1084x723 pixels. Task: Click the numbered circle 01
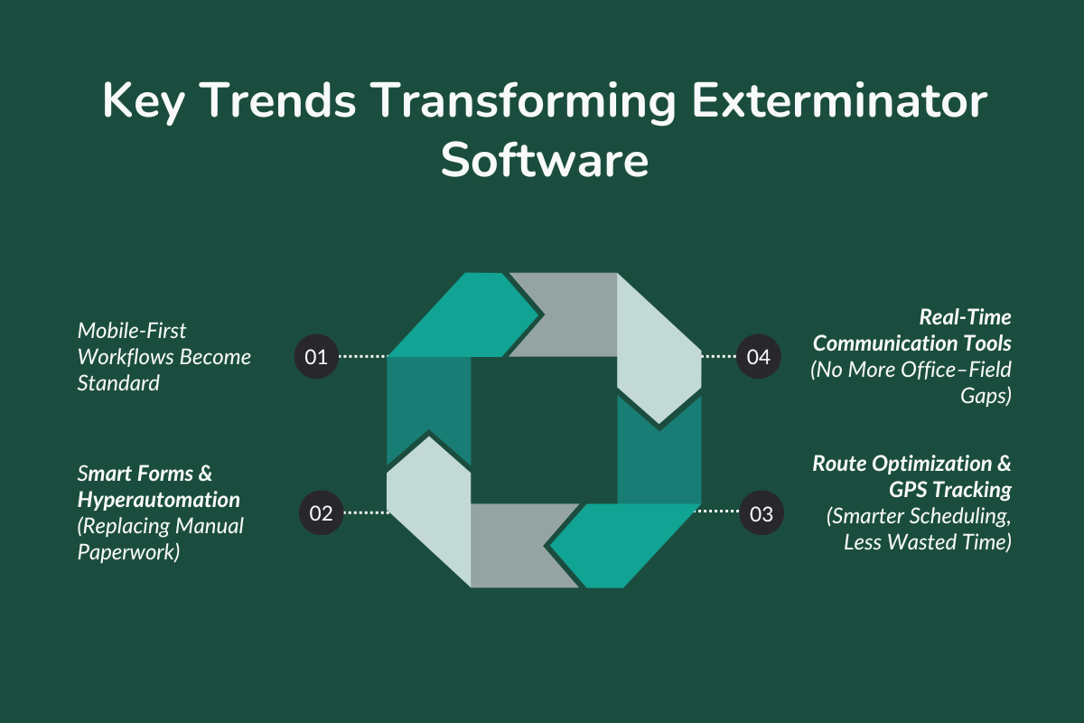[316, 356]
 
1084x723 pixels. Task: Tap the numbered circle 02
[321, 513]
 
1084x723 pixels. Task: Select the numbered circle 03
[762, 513]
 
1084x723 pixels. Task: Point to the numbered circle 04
[759, 356]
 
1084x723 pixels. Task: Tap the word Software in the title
[544, 162]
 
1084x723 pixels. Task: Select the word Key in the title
[142, 103]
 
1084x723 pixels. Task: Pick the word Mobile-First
[132, 330]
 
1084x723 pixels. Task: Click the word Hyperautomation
[159, 499]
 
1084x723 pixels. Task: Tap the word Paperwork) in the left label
[128, 551]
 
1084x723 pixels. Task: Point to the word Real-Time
[965, 317]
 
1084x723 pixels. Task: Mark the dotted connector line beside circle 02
[365, 513]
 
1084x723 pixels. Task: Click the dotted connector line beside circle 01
[362, 356]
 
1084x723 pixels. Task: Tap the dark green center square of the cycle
[543, 429]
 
